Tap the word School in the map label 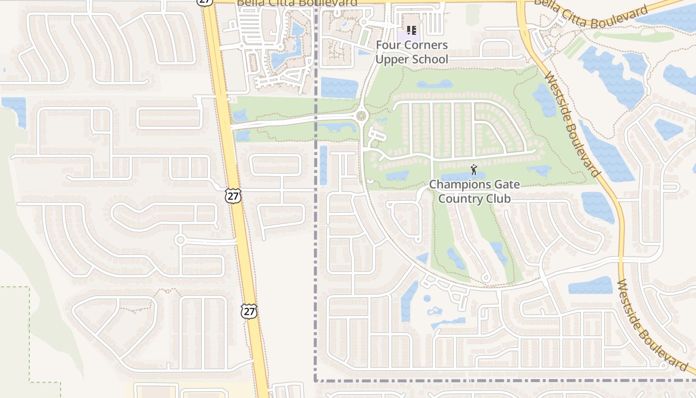click(430, 60)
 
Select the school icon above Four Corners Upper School click(411, 31)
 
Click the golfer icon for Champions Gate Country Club click(474, 170)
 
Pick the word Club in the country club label click(499, 199)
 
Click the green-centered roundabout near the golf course click(361, 116)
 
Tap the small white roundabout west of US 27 click(180, 240)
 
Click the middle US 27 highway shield click(233, 196)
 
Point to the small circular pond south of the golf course click(427, 298)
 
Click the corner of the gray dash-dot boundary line click(316, 381)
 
